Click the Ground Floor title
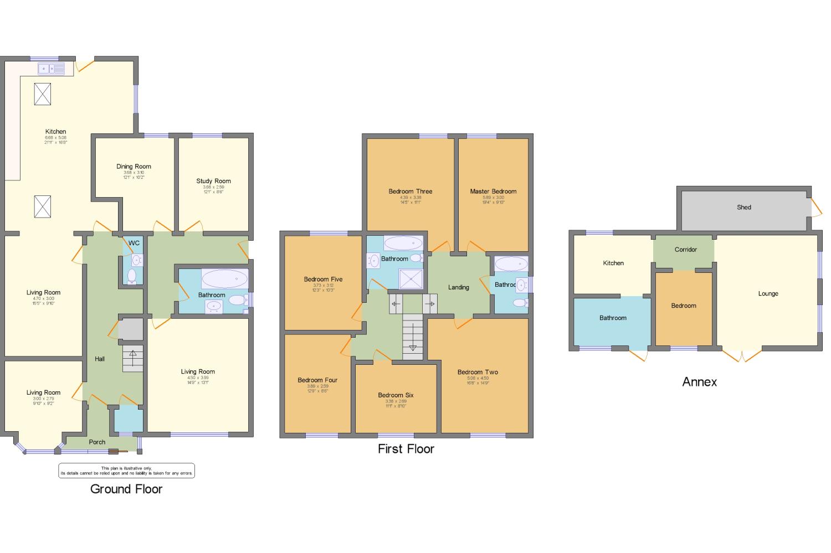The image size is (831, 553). coord(126,489)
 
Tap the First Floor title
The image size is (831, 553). coord(406,449)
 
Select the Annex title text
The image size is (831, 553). coord(700,382)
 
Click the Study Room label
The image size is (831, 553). coord(213,181)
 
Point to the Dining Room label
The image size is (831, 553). coord(134,166)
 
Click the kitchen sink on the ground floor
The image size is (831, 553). coord(51,69)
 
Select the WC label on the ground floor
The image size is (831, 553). coord(134,243)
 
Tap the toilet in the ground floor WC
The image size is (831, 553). coord(132,275)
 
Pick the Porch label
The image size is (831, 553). coord(97,442)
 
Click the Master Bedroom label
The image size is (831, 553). coord(493,192)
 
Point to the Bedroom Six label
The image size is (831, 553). coord(396,395)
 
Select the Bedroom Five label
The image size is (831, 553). coord(323,280)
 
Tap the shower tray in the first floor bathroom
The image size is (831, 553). coord(411,280)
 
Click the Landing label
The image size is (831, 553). coord(458,287)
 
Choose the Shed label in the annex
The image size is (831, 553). coord(744,207)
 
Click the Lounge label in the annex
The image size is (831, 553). coord(768,293)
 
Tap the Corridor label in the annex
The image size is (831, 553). coord(685,250)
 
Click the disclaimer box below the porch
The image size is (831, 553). coord(126,471)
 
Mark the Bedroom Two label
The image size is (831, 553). coord(478,372)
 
